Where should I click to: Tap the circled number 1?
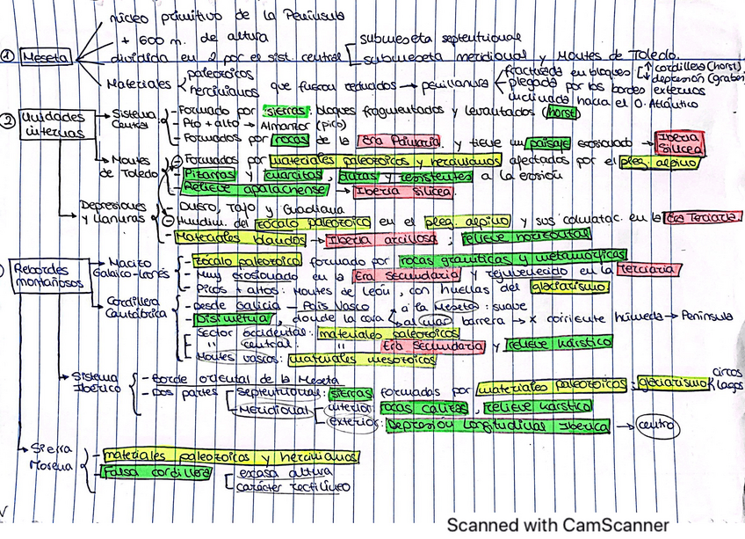click(8, 54)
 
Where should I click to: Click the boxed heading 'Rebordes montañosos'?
click(42, 276)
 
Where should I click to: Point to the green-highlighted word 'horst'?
click(561, 113)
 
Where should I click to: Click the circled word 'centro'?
click(655, 426)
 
